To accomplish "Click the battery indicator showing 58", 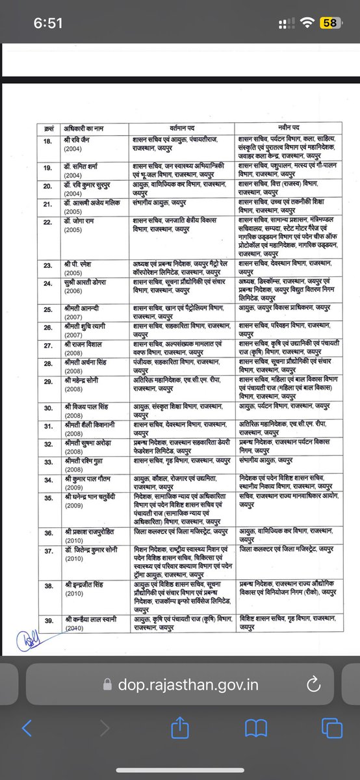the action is pyautogui.click(x=329, y=23).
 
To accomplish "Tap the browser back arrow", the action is pyautogui.click(x=27, y=727).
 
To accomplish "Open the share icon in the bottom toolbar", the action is pyautogui.click(x=179, y=727).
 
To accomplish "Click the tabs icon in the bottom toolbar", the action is pyautogui.click(x=332, y=727).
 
